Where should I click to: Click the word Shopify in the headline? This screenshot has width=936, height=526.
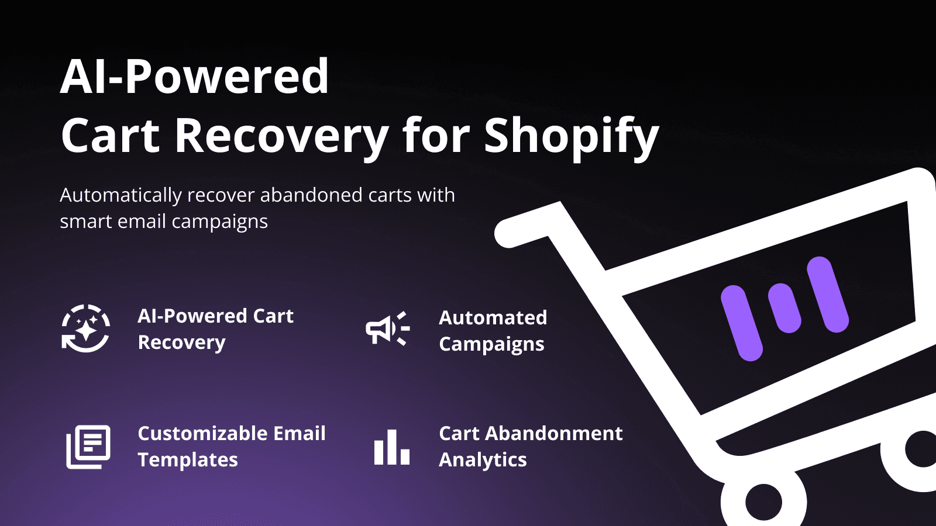coord(571,136)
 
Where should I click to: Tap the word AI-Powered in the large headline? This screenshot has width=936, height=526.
coord(195,77)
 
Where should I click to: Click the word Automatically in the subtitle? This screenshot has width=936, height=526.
coord(121,195)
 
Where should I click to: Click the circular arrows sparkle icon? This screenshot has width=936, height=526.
coord(86,328)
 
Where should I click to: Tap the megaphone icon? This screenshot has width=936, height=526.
coord(387,328)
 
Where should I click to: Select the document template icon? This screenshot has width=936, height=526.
coord(88,447)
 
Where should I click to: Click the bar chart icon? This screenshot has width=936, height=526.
coord(391,448)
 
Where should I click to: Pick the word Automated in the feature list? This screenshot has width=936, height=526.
coord(493,317)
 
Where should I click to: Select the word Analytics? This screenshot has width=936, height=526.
coord(483,460)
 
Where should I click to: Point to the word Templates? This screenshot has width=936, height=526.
coord(188,460)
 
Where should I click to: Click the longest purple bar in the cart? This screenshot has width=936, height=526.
coord(741,323)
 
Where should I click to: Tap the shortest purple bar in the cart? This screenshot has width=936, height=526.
coord(784,308)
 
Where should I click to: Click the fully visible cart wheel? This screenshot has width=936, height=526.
coord(763,501)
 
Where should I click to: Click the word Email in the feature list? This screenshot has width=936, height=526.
coord(300,434)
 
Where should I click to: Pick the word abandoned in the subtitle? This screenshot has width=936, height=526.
coord(312,195)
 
